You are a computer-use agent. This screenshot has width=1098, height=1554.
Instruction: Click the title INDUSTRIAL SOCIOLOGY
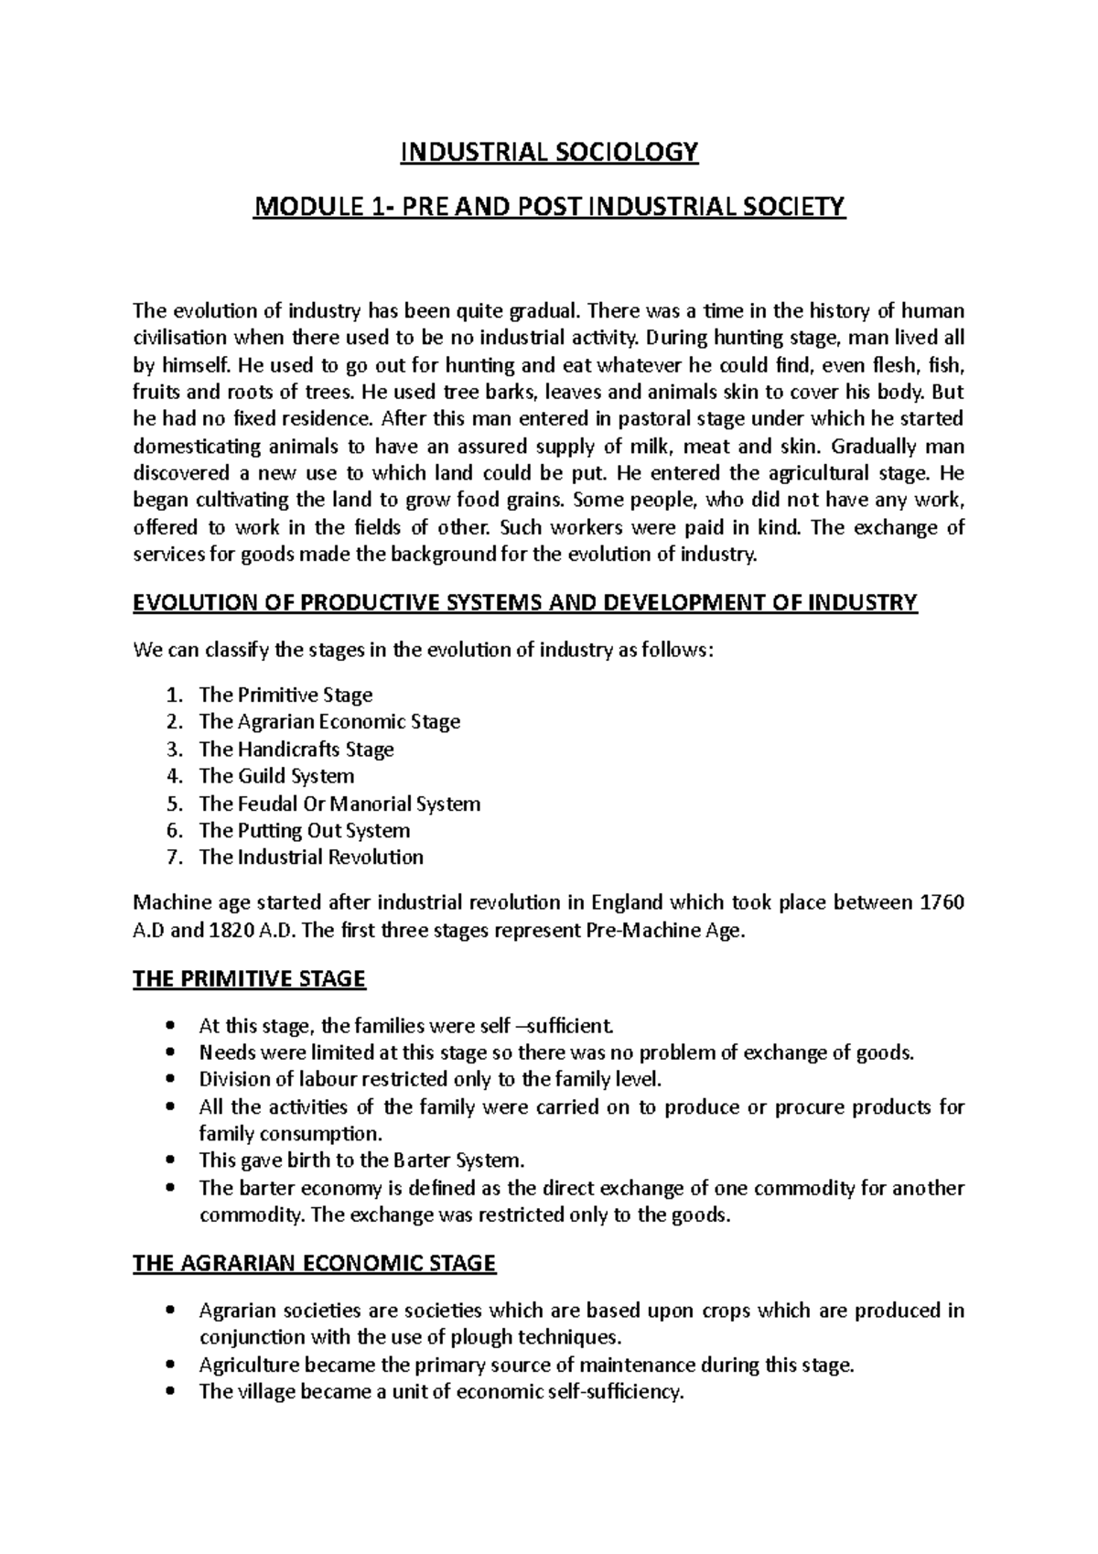549,152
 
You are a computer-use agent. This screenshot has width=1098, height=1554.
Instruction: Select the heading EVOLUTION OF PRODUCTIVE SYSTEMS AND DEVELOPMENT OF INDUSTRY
524,602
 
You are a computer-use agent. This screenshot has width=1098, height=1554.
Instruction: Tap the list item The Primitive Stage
285,695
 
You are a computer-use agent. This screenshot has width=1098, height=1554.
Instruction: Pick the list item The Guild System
276,776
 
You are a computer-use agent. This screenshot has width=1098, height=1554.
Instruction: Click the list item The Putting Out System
304,830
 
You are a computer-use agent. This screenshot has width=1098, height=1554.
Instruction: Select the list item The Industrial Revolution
311,858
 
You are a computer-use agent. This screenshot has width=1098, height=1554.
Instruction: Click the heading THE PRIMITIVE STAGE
249,979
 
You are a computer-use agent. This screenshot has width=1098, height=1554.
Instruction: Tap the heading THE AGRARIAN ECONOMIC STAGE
314,1264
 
